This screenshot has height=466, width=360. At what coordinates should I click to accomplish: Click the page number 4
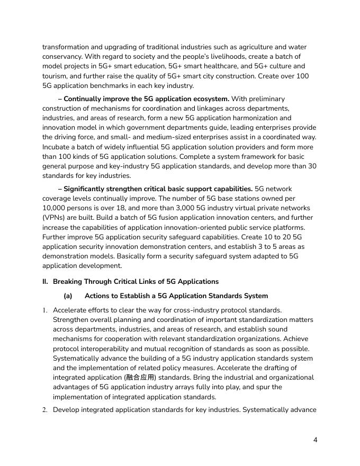coord(315,440)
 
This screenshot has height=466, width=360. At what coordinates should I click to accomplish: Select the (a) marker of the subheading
coord(68,295)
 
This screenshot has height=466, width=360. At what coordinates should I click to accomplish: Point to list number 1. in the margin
coord(45,310)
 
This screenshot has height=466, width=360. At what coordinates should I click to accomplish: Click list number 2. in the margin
coord(45,410)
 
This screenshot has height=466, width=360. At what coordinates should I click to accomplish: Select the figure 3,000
coord(182,208)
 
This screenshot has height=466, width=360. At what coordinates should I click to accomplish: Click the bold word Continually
coord(85,98)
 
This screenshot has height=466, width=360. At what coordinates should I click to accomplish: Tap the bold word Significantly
coord(88,189)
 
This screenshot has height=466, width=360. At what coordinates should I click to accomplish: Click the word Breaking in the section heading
coord(67,281)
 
